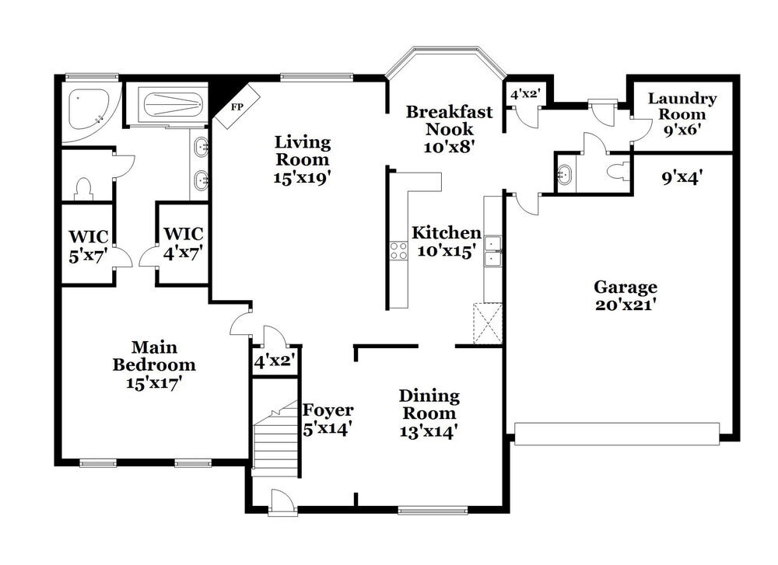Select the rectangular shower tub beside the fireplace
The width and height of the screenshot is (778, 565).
point(173,103)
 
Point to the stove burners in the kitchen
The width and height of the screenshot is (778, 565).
point(398,250)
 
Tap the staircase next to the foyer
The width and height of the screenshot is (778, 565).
point(275,443)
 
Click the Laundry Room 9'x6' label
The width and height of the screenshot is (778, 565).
point(682,114)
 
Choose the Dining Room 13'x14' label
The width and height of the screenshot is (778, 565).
point(429,413)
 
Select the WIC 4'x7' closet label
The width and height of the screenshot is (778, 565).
point(183,242)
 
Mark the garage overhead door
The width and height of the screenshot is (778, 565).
point(617,434)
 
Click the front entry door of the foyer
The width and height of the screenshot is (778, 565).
point(282,503)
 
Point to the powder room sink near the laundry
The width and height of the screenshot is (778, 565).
point(564,173)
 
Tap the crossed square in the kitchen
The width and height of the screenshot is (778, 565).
point(488,324)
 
